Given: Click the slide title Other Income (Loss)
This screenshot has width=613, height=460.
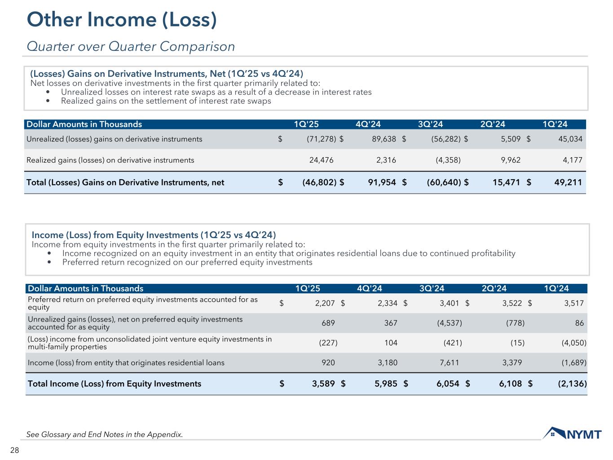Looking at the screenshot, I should (x=122, y=20).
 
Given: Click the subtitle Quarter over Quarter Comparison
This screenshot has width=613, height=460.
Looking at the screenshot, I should (x=131, y=46).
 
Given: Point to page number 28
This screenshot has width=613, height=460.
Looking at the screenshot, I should (x=15, y=451).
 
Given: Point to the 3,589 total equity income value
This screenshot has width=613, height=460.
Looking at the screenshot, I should (x=323, y=384).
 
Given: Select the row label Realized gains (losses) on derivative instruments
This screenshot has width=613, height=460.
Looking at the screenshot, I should (x=110, y=160).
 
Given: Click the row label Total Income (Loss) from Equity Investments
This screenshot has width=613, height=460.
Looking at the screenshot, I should (x=115, y=384).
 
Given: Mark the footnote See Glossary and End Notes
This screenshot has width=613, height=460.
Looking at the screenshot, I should (x=105, y=434).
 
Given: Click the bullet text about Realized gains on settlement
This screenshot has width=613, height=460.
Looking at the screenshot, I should (x=166, y=101).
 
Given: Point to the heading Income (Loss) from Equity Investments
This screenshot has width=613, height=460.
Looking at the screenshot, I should (x=154, y=235).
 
